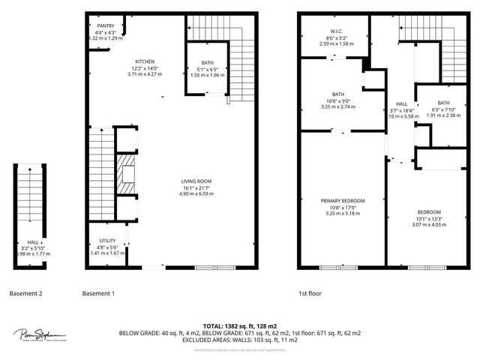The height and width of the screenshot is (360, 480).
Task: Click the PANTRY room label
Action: [x=105, y=25]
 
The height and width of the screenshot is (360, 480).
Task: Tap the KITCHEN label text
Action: [x=145, y=61]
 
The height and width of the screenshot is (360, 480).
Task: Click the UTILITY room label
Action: [x=106, y=241]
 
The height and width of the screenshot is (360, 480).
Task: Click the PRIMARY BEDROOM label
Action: [x=343, y=200]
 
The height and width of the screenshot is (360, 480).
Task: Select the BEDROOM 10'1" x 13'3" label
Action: [x=428, y=211]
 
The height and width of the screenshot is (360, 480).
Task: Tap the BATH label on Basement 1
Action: [x=207, y=63]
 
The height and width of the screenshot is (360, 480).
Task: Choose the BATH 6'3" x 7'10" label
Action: [x=443, y=103]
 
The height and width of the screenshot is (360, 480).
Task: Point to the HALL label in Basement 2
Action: [x=33, y=241]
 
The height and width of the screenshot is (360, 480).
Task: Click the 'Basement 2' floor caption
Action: [x=26, y=293]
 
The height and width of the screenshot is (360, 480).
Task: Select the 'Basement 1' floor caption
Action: [x=97, y=293]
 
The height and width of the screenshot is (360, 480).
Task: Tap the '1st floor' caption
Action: [x=310, y=293]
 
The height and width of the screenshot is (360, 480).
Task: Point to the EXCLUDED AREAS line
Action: [x=239, y=339]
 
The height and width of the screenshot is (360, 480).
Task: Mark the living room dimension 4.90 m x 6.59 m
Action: [x=196, y=193]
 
